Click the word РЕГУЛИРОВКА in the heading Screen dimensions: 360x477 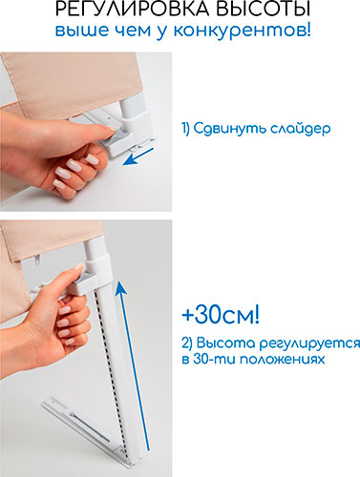point(133,9)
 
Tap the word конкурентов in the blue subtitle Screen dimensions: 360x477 point(243,31)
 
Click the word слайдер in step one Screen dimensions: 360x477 point(301,129)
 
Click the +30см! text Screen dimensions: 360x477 point(221,315)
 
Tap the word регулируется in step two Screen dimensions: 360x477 point(309,344)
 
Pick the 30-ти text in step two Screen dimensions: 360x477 point(214,359)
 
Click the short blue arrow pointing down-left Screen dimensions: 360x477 point(138,156)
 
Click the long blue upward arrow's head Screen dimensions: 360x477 point(120,287)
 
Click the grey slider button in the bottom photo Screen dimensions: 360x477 point(84,277)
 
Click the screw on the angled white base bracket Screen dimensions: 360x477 point(73,415)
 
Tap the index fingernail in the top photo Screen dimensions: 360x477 point(112,128)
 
